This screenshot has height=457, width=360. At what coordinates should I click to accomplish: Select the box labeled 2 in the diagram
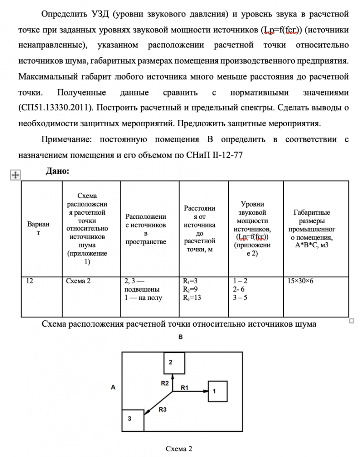click(x=174, y=363)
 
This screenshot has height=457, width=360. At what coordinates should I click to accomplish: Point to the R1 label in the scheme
click(x=185, y=388)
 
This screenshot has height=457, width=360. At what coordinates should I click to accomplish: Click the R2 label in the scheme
click(x=165, y=383)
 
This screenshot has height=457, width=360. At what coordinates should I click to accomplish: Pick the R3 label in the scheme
click(x=163, y=410)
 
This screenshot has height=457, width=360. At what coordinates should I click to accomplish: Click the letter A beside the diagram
click(x=113, y=387)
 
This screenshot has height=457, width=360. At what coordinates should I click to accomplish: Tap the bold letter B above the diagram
click(x=180, y=337)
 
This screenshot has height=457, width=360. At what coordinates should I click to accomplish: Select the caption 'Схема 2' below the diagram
click(x=179, y=448)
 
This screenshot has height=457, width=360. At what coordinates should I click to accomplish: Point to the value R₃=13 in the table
click(x=192, y=298)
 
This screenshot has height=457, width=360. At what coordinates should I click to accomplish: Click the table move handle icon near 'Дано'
click(x=14, y=174)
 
